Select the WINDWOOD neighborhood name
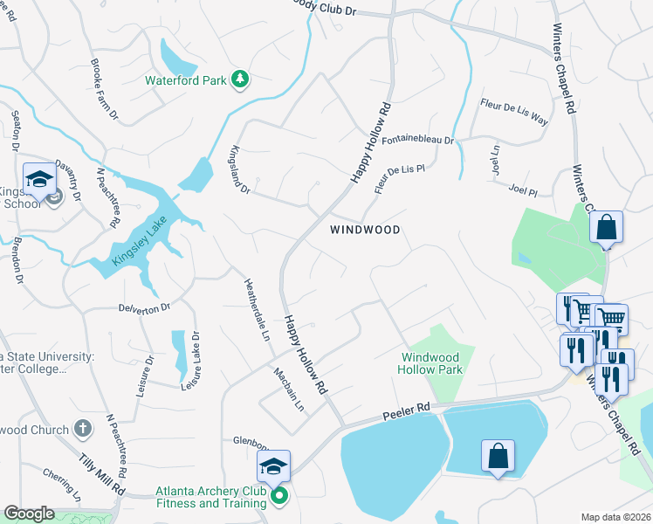[x=365, y=230]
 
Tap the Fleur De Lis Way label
[x=513, y=112]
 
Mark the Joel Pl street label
[x=521, y=189]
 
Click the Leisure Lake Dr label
[x=190, y=360]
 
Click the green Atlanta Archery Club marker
[x=279, y=497]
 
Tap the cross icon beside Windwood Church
[x=82, y=429]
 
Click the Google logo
[x=29, y=514]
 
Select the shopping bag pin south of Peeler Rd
[x=497, y=457]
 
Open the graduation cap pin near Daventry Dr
[x=39, y=180]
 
